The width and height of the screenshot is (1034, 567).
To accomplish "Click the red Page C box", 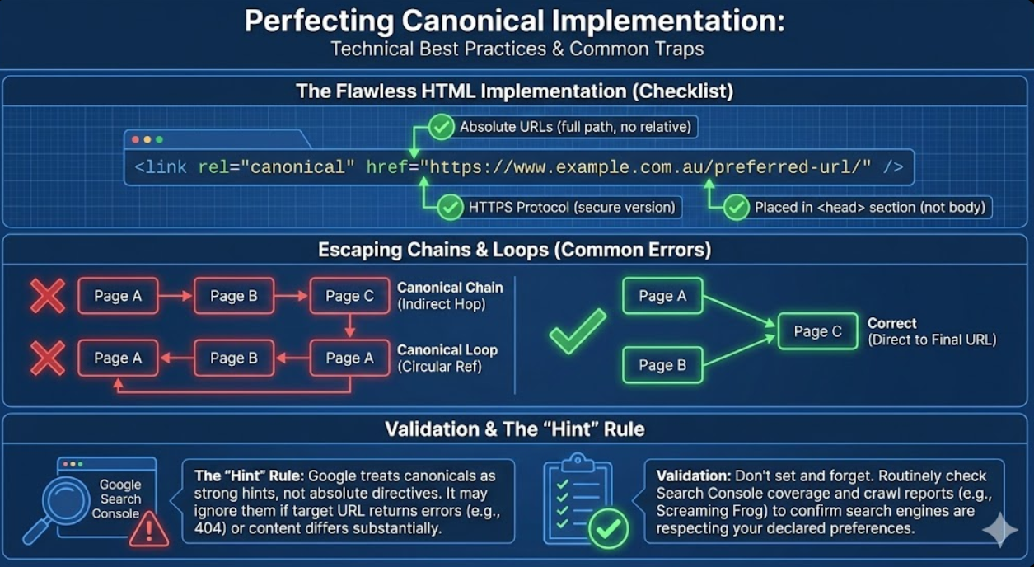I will (x=349, y=296).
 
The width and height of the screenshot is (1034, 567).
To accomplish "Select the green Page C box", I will (x=817, y=331).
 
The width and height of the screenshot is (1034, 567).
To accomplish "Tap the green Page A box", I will (x=662, y=296).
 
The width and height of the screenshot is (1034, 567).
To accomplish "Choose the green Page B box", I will (x=662, y=365).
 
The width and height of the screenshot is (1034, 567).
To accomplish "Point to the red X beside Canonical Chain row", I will (x=48, y=296).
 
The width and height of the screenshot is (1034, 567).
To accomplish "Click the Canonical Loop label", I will (x=447, y=349).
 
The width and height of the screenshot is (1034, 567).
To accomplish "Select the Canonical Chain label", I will (x=449, y=288).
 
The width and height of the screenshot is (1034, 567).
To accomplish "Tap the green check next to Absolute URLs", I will (x=442, y=127).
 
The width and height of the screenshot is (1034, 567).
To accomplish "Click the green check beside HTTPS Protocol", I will (x=450, y=207).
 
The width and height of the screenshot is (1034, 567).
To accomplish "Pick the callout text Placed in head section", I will (x=869, y=207).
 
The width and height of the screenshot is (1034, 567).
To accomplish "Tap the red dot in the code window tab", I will (x=136, y=140).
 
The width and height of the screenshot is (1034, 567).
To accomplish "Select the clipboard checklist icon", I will (x=578, y=499).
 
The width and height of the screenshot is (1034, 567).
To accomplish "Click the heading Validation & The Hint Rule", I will (x=515, y=429).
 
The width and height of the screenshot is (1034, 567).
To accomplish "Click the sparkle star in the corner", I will (x=999, y=530).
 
